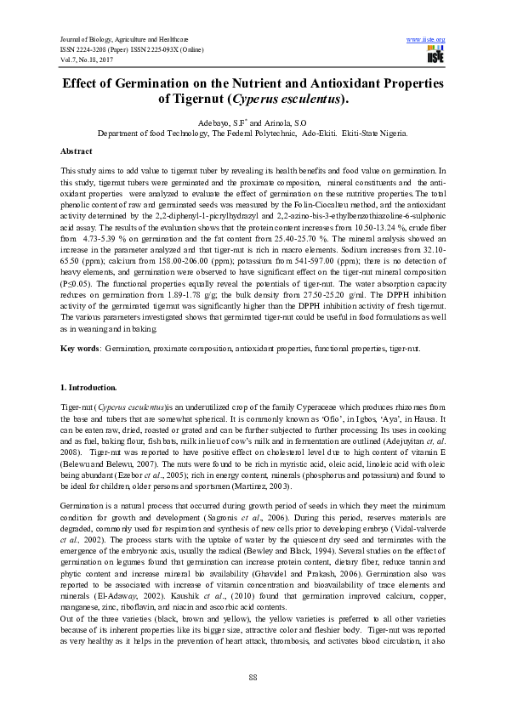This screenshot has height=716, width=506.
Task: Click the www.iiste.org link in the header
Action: pos(427,40)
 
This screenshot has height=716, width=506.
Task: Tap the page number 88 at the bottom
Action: pos(253,676)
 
